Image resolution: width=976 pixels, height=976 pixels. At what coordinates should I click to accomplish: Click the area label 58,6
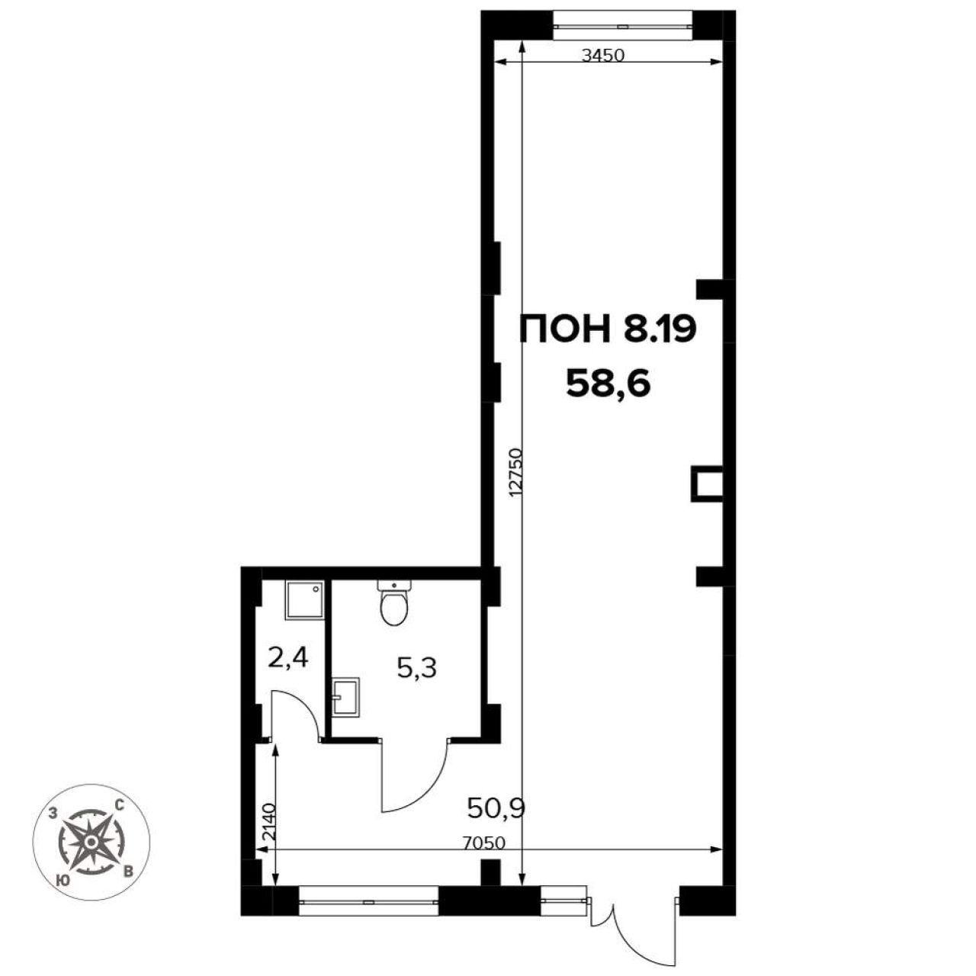(x=608, y=385)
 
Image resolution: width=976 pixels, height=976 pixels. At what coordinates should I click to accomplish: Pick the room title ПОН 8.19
(x=608, y=329)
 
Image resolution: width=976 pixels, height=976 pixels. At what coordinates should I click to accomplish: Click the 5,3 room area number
(x=417, y=668)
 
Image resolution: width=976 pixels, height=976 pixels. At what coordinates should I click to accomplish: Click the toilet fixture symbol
(x=393, y=602)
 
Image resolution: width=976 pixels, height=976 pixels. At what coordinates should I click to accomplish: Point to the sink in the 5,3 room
(x=346, y=697)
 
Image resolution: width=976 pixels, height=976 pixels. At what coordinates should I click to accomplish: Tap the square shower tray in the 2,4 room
(x=304, y=600)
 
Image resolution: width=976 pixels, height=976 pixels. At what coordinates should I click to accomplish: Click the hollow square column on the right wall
(x=707, y=483)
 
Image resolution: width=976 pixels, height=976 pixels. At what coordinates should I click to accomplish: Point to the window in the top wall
(x=622, y=25)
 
